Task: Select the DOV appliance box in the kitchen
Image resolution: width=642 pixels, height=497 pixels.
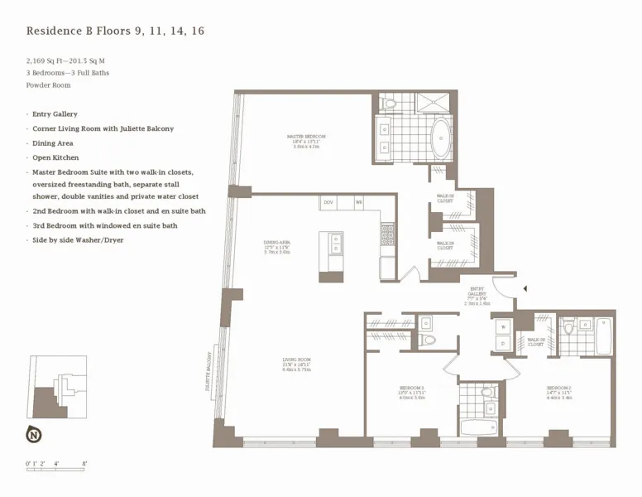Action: point(328,202)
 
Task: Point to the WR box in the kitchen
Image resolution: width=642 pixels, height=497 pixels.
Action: point(359,202)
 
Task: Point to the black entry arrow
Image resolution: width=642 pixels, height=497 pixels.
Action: point(523,288)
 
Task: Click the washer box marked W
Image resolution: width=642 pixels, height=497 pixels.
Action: point(503,326)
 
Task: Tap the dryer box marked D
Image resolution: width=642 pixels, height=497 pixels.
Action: point(503,343)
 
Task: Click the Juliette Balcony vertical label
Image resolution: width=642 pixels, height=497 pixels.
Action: point(210,368)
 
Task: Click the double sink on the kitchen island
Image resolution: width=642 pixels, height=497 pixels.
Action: point(336,243)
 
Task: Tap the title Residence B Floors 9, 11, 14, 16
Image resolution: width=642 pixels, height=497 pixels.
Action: point(115,31)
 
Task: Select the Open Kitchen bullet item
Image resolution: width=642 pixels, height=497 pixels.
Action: point(55,157)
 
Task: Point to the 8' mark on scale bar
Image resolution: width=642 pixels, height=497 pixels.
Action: point(84,464)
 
